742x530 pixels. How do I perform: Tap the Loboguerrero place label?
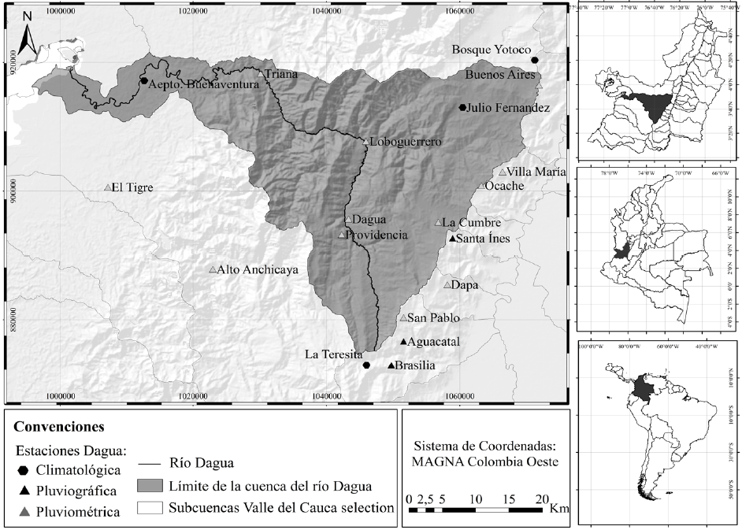405,143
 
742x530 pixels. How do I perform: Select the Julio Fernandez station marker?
463,108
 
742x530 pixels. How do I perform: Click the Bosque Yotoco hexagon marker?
535,60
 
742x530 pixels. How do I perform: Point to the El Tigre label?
132,187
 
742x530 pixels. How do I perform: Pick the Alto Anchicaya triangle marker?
212,270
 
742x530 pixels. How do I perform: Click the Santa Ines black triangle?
451,239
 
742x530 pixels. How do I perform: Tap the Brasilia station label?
415,365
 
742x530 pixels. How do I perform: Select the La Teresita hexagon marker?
366,365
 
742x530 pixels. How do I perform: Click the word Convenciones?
59,428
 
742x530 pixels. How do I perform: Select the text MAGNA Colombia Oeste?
484,461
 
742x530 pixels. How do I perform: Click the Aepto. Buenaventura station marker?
144,80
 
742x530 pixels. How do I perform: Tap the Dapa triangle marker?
447,285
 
